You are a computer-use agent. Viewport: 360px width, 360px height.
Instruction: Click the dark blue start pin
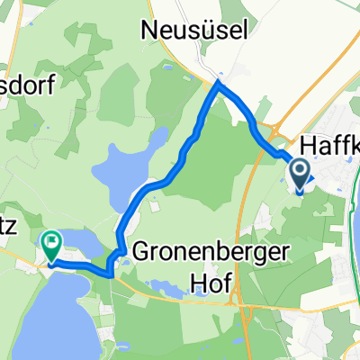pyautogui.click(x=299, y=171)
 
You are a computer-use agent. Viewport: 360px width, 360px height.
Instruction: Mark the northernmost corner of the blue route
pyautogui.click(x=217, y=83)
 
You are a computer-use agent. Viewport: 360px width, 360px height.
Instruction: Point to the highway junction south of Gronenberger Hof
pyautogui.click(x=236, y=297)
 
